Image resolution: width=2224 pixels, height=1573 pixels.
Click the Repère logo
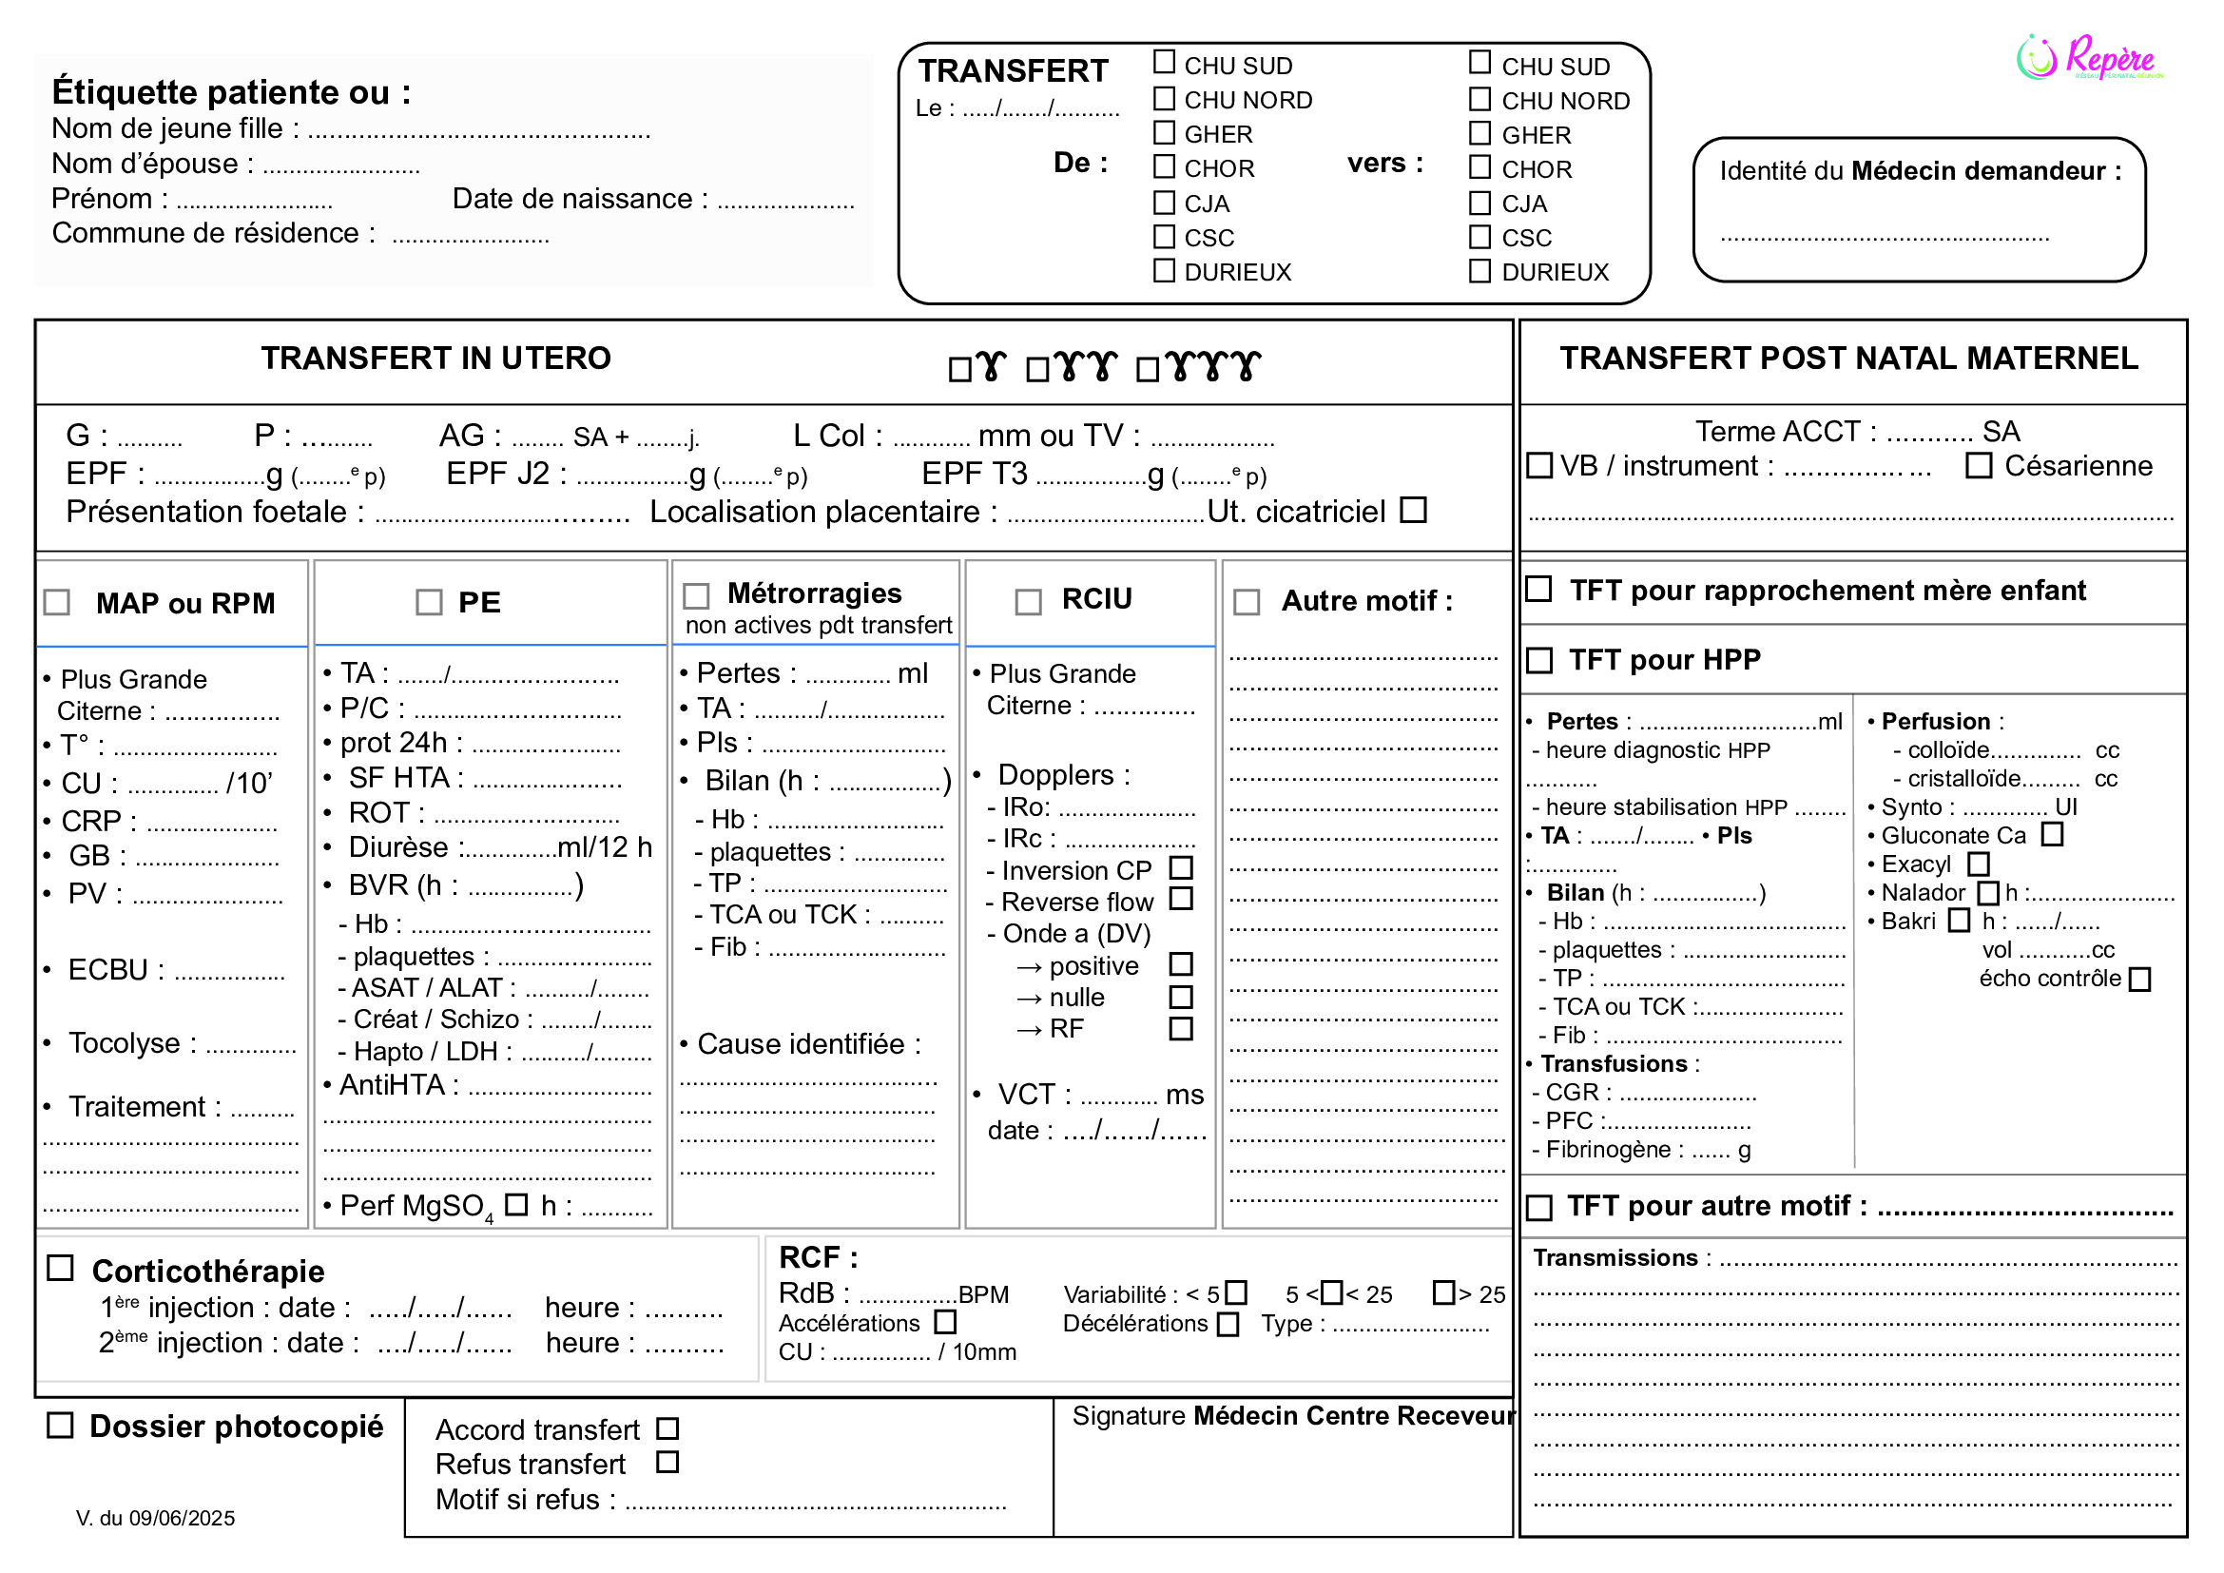tap(2089, 57)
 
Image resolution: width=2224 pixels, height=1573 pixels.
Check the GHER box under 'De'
tap(1163, 133)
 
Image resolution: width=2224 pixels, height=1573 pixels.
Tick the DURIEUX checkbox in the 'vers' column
tap(1479, 270)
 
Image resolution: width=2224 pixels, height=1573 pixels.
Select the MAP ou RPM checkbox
tap(57, 602)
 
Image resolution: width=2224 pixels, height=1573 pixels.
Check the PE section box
tap(428, 602)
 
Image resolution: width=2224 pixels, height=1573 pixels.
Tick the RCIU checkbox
tap(1028, 602)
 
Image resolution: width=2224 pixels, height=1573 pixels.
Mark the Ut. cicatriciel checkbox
tap(1414, 510)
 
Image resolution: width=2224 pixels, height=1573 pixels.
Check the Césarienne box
tap(1978, 466)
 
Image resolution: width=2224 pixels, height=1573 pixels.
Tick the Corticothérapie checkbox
tap(60, 1268)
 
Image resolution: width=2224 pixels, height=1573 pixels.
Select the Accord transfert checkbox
tap(667, 1428)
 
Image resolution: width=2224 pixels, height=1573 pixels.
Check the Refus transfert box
tap(667, 1462)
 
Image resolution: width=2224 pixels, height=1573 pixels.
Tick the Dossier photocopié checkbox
tap(60, 1425)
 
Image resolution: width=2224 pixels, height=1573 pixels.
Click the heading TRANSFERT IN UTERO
tap(435, 359)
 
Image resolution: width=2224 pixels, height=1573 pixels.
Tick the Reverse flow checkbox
tap(1181, 899)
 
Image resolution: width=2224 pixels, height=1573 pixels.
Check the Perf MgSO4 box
tap(517, 1204)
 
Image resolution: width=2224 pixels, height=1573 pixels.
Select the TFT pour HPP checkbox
tap(1539, 660)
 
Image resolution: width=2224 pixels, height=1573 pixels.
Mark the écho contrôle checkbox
tap(2139, 980)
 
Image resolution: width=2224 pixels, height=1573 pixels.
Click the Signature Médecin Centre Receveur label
tap(1293, 1416)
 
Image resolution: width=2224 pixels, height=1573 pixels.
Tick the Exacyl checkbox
tap(1979, 863)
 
